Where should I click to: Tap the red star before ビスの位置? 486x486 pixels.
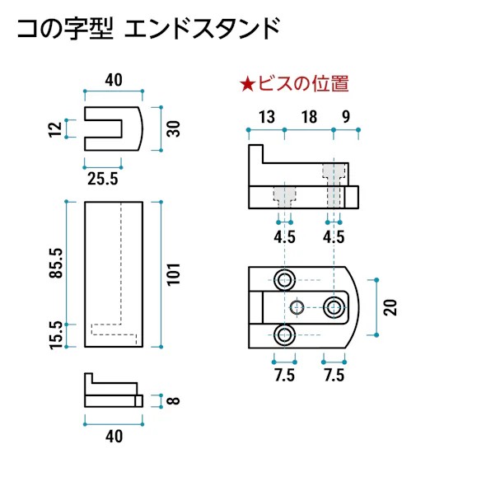click(246, 83)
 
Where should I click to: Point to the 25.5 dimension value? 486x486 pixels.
click(103, 177)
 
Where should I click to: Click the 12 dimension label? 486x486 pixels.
click(54, 129)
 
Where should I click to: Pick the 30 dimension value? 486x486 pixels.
click(173, 129)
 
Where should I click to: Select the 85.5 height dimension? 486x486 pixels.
click(55, 261)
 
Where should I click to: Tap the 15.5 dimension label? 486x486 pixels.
click(55, 335)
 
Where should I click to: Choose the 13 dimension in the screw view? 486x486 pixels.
click(265, 117)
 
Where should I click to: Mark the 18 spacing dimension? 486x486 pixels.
click(309, 117)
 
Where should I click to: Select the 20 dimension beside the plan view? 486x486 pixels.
click(391, 307)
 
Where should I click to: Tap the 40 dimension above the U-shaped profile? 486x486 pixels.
click(114, 80)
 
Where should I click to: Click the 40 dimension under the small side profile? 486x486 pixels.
click(114, 437)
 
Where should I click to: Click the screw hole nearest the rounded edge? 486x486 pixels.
click(334, 307)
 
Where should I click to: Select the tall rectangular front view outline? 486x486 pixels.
click(114, 274)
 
